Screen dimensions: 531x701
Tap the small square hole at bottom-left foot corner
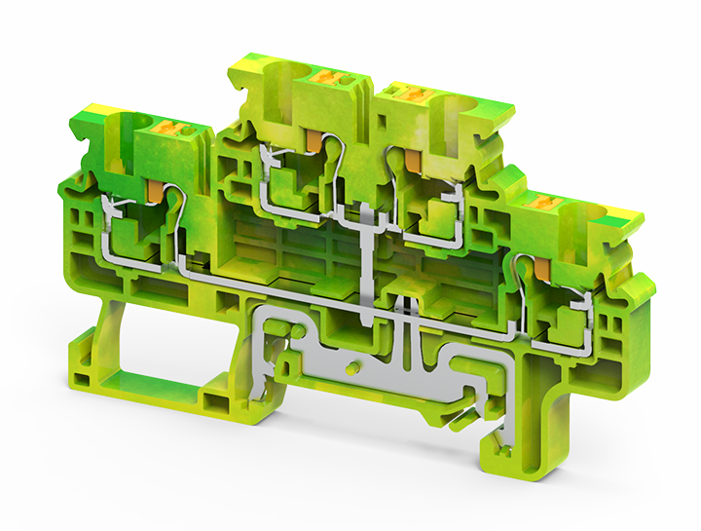coord(212,399)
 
